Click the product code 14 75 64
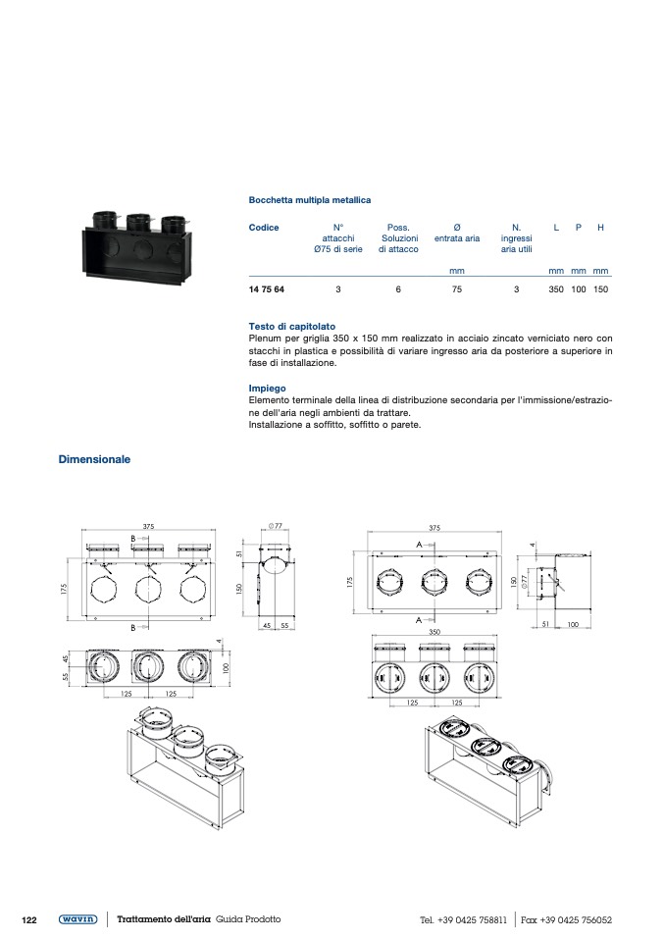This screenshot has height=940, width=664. point(268,289)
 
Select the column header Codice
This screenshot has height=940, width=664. point(264,228)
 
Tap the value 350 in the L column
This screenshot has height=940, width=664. point(556,289)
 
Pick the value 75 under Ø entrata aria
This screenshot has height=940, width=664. point(456,289)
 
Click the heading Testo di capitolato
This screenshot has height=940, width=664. point(292,326)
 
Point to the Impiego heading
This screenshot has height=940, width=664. point(268,389)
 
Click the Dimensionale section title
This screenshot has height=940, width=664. point(94,459)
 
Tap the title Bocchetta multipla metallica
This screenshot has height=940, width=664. point(310,200)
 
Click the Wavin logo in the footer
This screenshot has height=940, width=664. point(77,919)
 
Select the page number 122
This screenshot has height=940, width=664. point(29,919)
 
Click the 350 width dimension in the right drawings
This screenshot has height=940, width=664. point(434,633)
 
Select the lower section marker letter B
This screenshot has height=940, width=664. point(132,626)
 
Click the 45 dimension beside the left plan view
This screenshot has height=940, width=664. point(66,658)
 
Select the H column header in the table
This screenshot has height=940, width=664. point(600,228)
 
